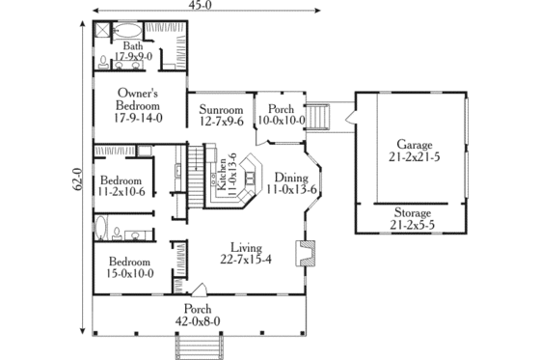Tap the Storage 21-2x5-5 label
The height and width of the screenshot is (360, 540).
click(415, 218)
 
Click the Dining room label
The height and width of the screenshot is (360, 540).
click(291, 183)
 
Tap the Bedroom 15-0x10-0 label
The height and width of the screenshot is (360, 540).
click(129, 266)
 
